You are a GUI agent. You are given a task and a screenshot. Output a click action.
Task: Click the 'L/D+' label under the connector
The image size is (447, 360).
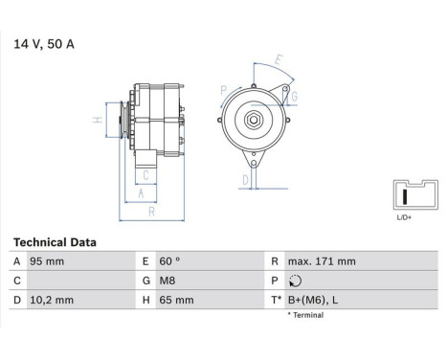click(404, 218)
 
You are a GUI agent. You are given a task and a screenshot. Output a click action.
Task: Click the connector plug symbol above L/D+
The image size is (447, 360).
click(404, 196)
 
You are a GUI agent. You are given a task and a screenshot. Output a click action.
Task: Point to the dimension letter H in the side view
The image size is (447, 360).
click(98, 121)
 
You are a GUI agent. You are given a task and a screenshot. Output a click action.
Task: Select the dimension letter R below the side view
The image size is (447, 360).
click(151, 211)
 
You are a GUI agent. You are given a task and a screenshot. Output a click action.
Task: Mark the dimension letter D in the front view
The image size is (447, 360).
click(245, 179)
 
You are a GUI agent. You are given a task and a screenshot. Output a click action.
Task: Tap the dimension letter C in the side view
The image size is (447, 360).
click(145, 174)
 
